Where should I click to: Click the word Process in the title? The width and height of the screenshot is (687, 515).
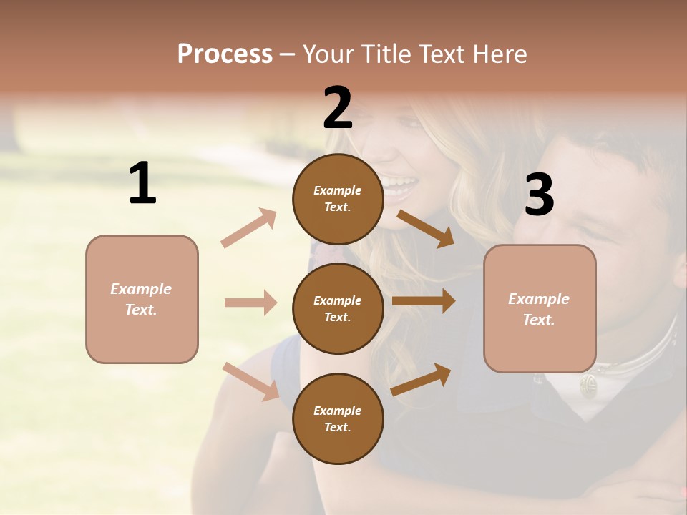(x=225, y=54)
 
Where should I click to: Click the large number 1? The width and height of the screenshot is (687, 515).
(x=142, y=184)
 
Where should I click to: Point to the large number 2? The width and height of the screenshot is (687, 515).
(x=338, y=108)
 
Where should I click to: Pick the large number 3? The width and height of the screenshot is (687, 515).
(x=539, y=195)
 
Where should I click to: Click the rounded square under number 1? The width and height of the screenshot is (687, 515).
(x=142, y=299)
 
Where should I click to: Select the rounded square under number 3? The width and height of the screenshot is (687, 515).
(x=540, y=309)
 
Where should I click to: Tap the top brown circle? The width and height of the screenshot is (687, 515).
(x=338, y=199)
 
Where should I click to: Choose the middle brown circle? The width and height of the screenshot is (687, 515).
(x=338, y=308)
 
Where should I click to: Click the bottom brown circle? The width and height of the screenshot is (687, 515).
(x=338, y=418)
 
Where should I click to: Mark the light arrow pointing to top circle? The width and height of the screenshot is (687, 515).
(x=249, y=228)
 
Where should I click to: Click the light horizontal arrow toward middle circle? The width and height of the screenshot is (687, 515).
(x=250, y=303)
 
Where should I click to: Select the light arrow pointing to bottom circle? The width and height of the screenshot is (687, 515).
(x=250, y=381)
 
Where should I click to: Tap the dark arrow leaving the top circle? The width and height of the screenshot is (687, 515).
(x=425, y=228)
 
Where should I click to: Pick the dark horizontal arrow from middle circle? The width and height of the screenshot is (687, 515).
(x=424, y=301)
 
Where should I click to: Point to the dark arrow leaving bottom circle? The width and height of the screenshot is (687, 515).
(x=421, y=380)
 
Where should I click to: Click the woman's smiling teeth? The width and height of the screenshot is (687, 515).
(x=401, y=187)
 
